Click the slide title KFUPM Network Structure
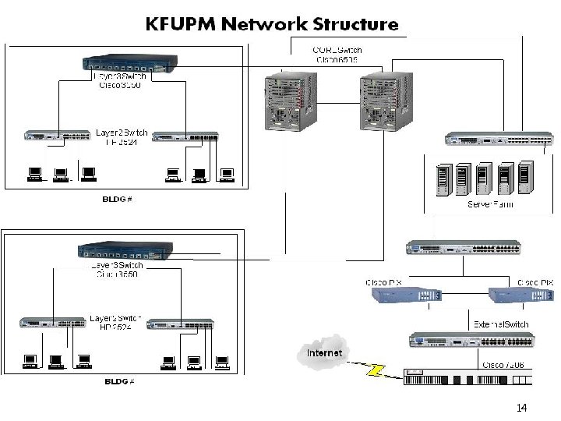(x=272, y=23)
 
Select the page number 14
(x=521, y=408)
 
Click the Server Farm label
(x=490, y=204)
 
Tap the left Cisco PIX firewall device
(x=406, y=295)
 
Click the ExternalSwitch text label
(x=501, y=324)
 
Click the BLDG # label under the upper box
(x=118, y=199)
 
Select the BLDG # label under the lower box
(x=120, y=381)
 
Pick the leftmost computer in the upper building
(x=34, y=173)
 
